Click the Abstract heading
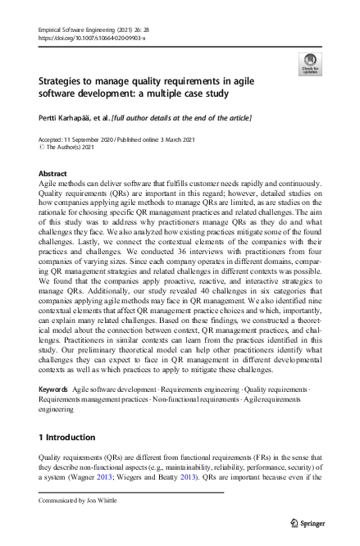coord(52,175)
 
